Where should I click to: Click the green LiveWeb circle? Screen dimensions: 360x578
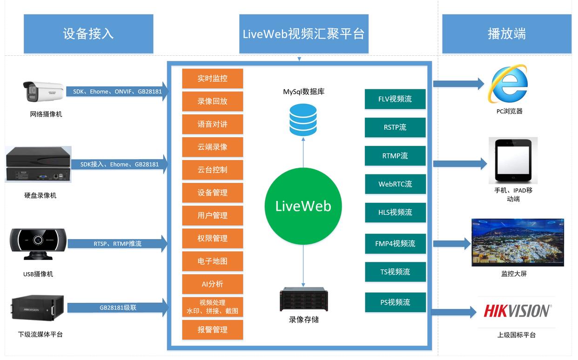pos(303,206)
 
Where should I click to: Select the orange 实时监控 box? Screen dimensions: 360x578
pos(212,79)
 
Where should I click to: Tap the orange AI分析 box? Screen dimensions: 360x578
pos(212,284)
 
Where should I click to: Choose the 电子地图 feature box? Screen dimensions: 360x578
pos(212,261)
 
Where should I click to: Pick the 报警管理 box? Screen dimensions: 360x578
pos(212,330)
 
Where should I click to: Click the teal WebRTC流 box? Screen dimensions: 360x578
pos(395,184)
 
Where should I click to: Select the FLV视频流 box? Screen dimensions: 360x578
pos(395,99)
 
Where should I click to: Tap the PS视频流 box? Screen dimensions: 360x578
pos(395,302)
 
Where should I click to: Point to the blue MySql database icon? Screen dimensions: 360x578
pos(303,120)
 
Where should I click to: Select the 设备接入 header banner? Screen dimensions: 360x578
pos(88,34)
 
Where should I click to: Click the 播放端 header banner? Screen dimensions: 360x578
pos(507,34)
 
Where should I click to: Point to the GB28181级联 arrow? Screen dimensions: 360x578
pos(118,307)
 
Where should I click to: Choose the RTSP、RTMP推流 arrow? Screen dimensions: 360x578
pos(118,243)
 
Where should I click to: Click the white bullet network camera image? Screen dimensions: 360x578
pos(44,91)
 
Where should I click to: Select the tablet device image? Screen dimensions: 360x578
pos(513,160)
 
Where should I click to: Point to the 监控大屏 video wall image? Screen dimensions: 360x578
pos(518,242)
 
